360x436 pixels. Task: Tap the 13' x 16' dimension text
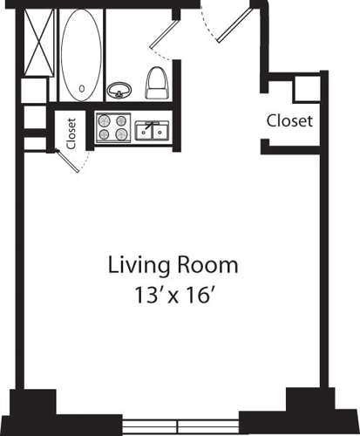pos(173,294)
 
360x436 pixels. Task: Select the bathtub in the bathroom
pos(81,53)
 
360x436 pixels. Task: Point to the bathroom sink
pos(118,88)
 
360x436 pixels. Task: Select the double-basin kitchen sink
pos(152,131)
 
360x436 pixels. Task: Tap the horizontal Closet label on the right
pos(289,121)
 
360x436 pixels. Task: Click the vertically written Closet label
pos(71,132)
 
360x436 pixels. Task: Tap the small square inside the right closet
pos(304,88)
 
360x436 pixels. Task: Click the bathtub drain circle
pos(81,87)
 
